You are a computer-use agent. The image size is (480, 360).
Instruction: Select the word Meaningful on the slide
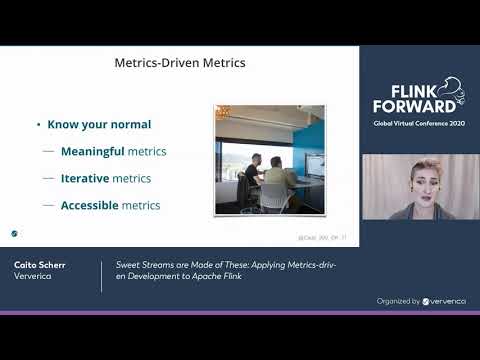point(91,152)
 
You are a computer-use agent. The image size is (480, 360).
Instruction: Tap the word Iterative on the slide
point(84,179)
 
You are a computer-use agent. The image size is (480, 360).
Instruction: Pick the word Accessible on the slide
point(89,206)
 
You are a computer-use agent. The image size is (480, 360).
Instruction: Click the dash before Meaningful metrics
point(48,152)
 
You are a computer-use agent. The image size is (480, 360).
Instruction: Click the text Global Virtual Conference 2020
point(419,123)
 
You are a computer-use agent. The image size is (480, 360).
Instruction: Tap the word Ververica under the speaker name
point(34,277)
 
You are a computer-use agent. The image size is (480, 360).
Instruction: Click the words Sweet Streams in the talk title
point(141,266)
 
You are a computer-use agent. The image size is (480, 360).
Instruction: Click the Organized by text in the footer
point(396,300)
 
